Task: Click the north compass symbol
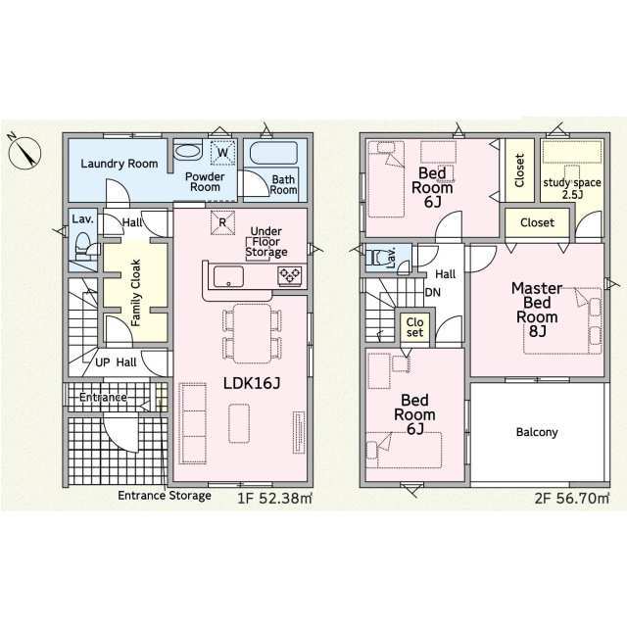coord(24,152)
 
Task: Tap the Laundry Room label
coord(120,164)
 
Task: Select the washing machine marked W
coord(222,153)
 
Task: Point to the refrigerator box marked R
coord(222,222)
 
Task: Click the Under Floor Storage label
coord(266,242)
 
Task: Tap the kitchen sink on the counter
coord(228,276)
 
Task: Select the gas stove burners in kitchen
coord(291,276)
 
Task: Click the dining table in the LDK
coord(252,333)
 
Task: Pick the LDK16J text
coord(252,383)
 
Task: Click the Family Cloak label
coord(136,293)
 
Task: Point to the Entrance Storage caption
coord(165,496)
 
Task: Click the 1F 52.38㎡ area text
coord(274,499)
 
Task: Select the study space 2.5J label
coord(572,188)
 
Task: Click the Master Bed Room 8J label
coord(537,310)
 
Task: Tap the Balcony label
coord(537,432)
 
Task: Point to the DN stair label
coord(433,292)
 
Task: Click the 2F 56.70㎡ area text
coord(572,499)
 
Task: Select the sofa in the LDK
coord(193,423)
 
